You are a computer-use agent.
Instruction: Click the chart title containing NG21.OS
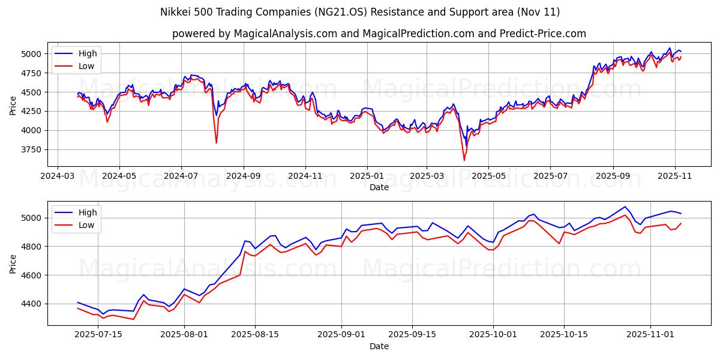pos(359,12)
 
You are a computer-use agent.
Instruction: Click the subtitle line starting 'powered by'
pos(379,34)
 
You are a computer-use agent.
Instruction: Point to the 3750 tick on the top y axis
pos(32,149)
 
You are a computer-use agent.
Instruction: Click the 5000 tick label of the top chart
pos(32,54)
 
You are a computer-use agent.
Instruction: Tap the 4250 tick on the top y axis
pos(32,111)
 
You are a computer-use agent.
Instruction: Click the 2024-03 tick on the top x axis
pos(58,177)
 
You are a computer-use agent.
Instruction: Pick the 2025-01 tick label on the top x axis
pos(367,177)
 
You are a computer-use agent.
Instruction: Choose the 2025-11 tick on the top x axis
pos(675,177)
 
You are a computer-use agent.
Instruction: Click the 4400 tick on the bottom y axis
pos(32,304)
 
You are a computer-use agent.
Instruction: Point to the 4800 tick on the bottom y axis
pos(32,247)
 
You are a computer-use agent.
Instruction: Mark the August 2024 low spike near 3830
pos(217,142)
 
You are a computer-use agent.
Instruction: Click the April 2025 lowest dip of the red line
pos(464,160)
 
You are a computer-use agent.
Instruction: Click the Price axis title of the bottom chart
pos(13,263)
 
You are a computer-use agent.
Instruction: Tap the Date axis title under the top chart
pos(379,187)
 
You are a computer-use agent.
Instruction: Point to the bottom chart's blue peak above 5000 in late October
pos(625,206)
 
